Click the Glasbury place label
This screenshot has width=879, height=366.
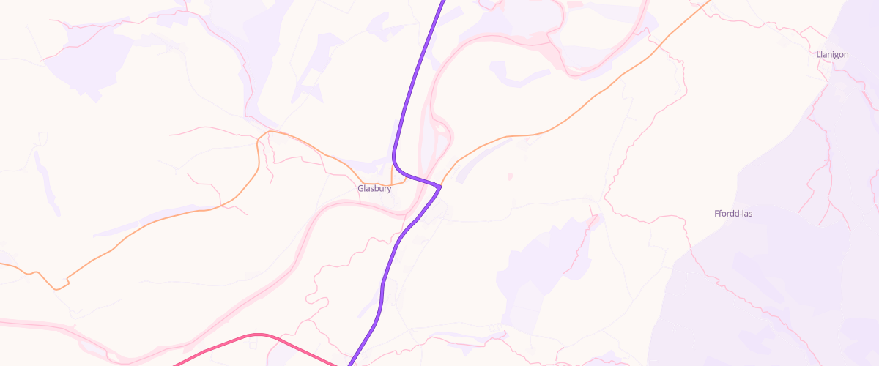[374, 188]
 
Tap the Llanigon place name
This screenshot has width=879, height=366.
[832, 55]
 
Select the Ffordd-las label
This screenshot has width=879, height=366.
[733, 214]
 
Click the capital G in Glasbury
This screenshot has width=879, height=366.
[360, 188]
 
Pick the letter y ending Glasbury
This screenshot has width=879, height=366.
[389, 189]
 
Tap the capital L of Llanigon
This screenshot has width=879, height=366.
[818, 55]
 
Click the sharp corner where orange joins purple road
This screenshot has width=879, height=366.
[439, 187]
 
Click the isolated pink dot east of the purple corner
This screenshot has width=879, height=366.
[510, 176]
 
